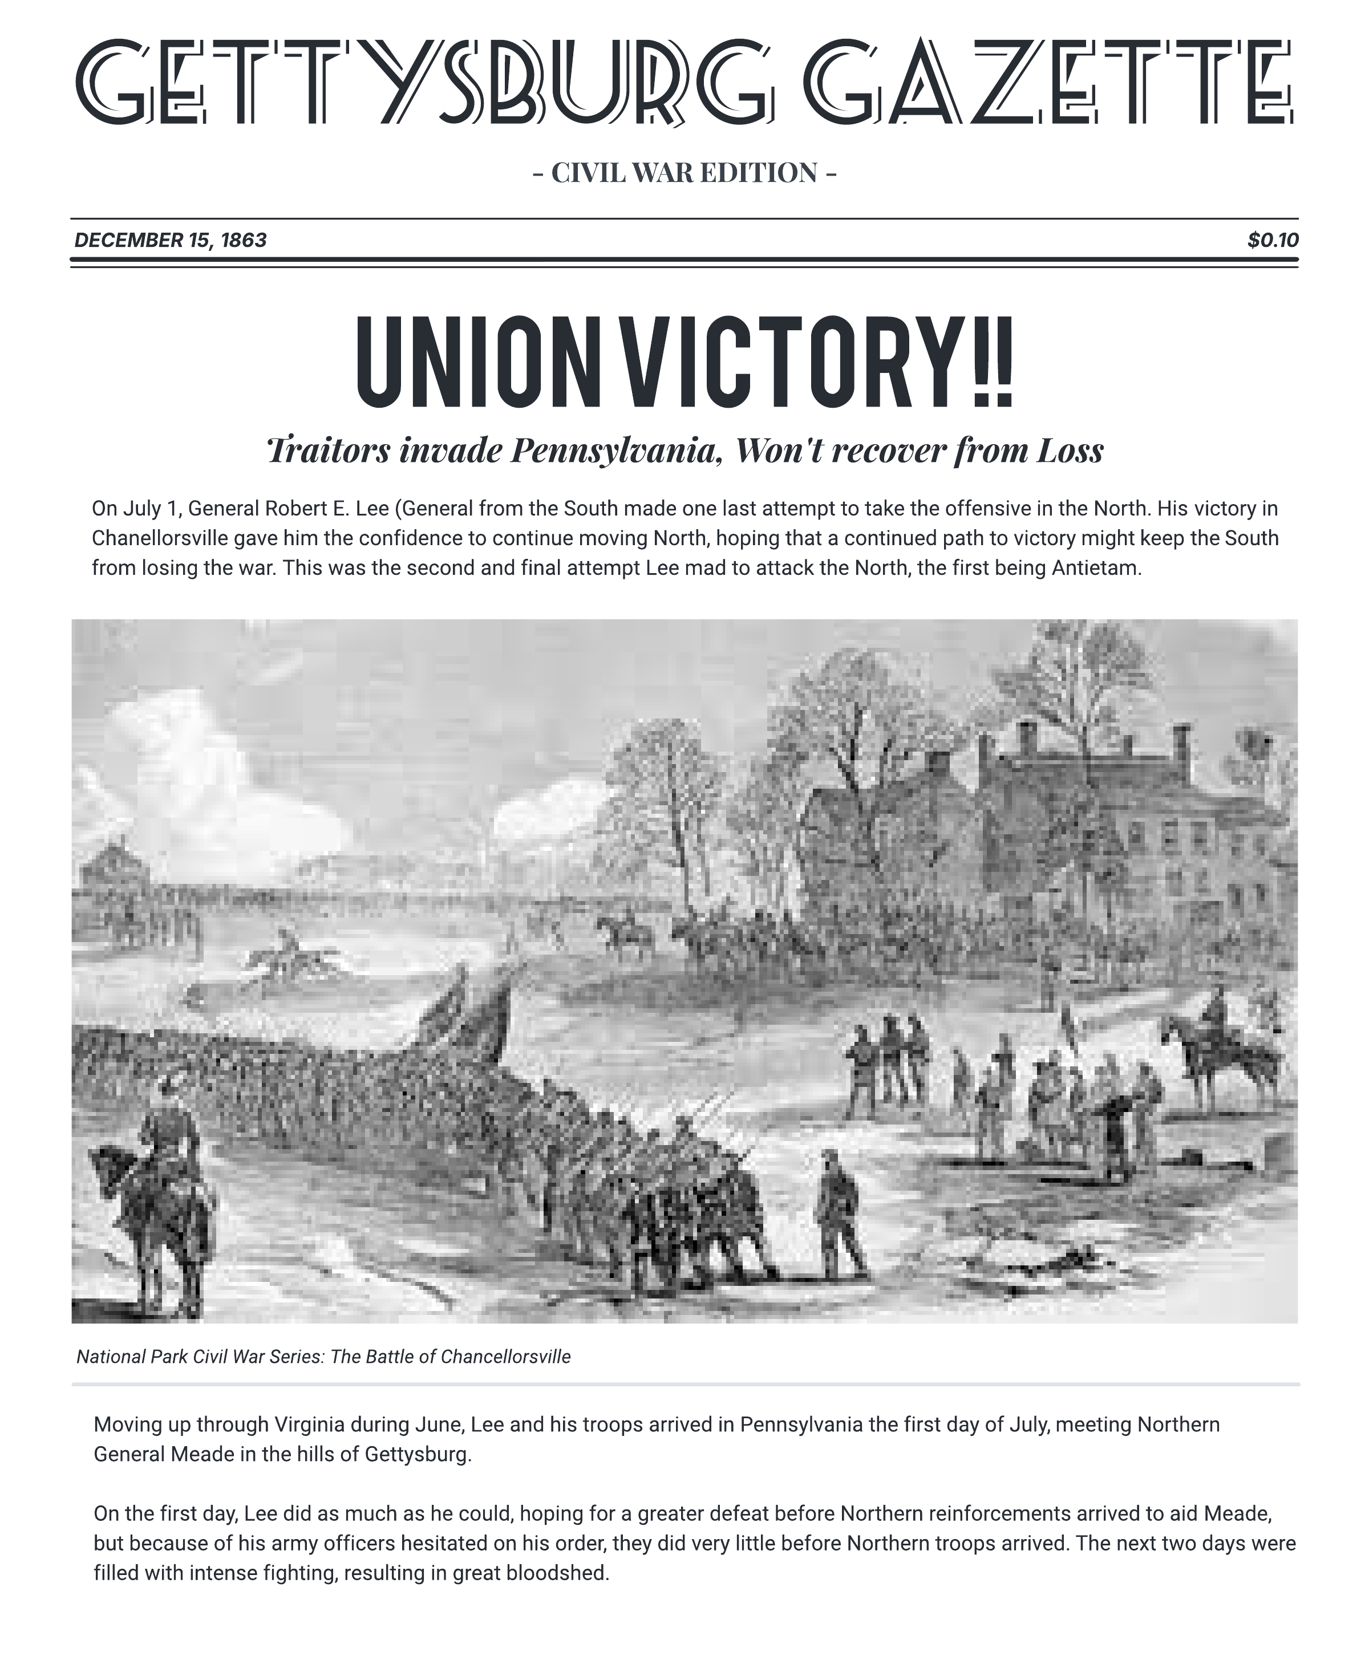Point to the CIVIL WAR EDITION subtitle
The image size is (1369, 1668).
tap(684, 173)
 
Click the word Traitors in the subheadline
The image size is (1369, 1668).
tap(328, 450)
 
